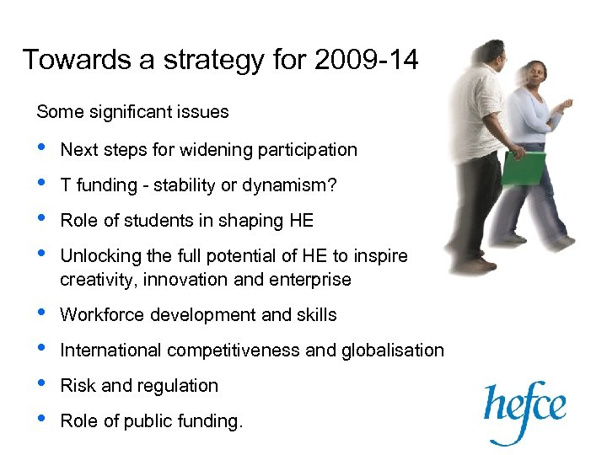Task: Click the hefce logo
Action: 524,408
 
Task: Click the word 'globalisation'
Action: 392,351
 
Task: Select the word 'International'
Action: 111,351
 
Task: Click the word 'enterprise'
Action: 309,280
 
